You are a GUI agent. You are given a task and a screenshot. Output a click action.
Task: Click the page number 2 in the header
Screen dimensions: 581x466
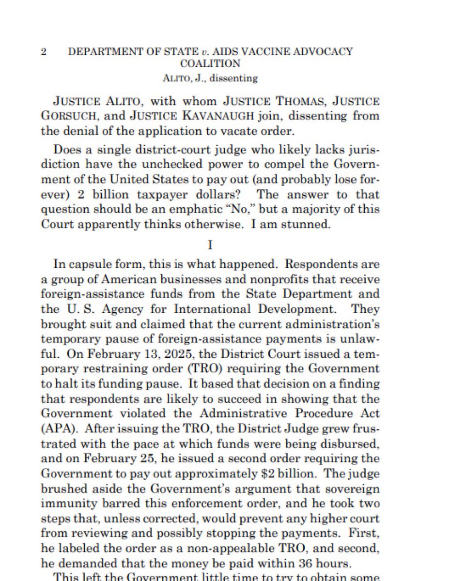[x=44, y=52]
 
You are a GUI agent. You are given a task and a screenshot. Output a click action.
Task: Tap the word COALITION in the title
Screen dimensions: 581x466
[x=210, y=63]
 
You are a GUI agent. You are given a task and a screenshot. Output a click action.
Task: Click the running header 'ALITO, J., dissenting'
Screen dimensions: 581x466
[x=210, y=77]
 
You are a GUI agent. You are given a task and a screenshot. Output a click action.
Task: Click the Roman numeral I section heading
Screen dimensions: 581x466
[x=210, y=245]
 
